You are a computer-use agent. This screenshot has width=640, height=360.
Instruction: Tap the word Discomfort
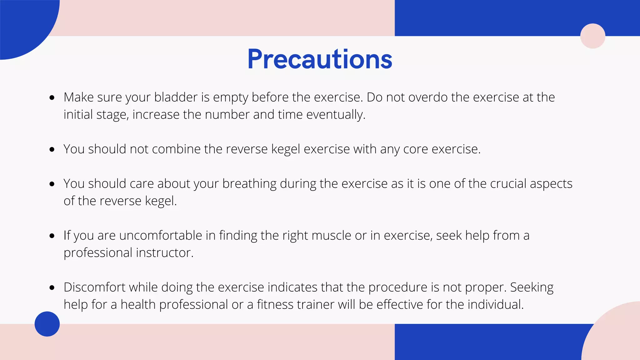(94, 287)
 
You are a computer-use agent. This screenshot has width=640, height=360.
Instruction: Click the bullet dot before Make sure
(52, 98)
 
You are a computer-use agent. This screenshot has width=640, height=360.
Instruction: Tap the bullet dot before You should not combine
(52, 150)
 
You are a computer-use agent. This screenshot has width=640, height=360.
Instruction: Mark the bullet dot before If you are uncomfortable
(52, 236)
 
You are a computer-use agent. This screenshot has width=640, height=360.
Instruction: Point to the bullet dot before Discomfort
(52, 288)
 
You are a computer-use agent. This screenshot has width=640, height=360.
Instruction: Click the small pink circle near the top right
(592, 36)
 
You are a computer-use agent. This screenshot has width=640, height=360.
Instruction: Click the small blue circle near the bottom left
(47, 324)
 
